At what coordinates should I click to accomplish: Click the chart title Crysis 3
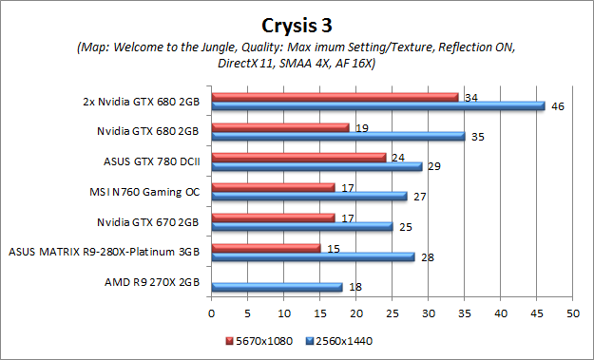pyautogui.click(x=297, y=22)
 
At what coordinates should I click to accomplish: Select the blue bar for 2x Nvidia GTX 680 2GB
pyautogui.click(x=378, y=106)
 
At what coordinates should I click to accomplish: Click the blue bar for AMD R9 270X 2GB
pyautogui.click(x=277, y=287)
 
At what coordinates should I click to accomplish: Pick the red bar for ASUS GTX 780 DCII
pyautogui.click(x=298, y=157)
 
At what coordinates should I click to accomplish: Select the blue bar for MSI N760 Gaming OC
pyautogui.click(x=309, y=197)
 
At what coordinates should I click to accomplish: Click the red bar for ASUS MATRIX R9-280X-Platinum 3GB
pyautogui.click(x=266, y=248)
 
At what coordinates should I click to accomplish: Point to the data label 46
pyautogui.click(x=558, y=106)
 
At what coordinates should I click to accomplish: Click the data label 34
pyautogui.click(x=469, y=97)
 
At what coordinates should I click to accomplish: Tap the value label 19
pyautogui.click(x=361, y=127)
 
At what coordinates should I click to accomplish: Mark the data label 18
pyautogui.click(x=354, y=287)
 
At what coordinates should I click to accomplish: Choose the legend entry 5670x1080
pyautogui.click(x=260, y=339)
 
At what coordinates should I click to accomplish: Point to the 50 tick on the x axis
pyautogui.click(x=572, y=313)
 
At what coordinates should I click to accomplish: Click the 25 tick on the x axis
pyautogui.click(x=392, y=313)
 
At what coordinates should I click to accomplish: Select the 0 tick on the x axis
pyautogui.click(x=212, y=313)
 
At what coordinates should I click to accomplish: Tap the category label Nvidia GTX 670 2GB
pyautogui.click(x=148, y=222)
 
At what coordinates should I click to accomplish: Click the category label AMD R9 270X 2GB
pyautogui.click(x=155, y=282)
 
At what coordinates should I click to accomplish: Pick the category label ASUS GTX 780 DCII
pyautogui.click(x=151, y=161)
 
